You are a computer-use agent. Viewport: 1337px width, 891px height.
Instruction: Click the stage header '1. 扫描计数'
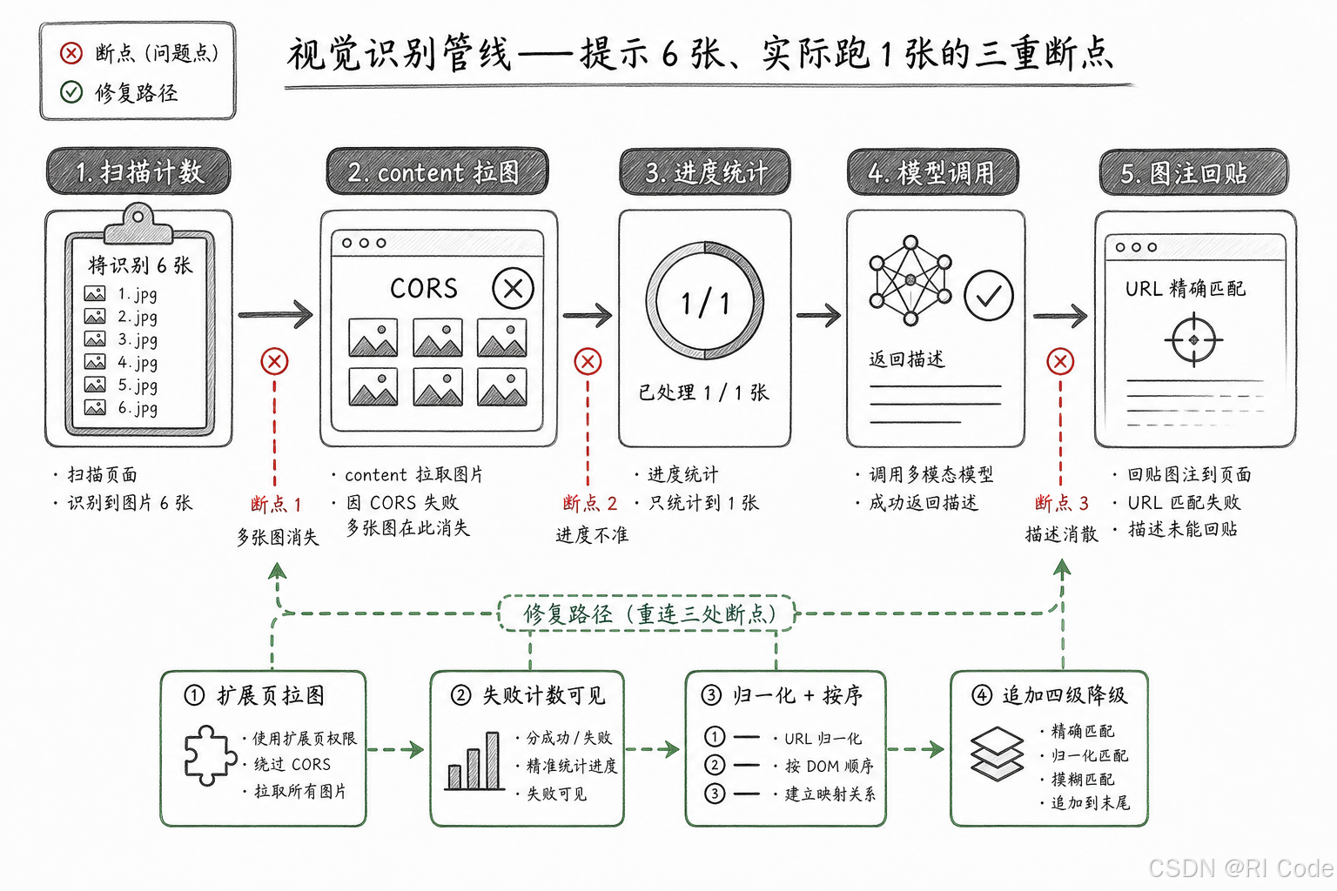tap(138, 172)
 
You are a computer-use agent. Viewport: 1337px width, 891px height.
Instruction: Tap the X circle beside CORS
tap(513, 289)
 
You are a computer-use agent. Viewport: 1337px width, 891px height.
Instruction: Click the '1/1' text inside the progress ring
tap(705, 303)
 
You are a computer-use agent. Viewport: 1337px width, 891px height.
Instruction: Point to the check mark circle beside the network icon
tap(989, 296)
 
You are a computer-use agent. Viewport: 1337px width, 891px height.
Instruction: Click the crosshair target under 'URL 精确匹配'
tap(1193, 340)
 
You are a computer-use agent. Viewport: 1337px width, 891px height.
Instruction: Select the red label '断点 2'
tap(589, 503)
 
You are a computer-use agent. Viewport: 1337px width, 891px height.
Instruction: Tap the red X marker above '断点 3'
tap(1060, 362)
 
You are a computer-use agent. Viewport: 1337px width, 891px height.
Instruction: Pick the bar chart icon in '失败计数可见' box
tap(474, 761)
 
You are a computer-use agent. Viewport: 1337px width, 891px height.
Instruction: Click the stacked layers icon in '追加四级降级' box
tap(997, 754)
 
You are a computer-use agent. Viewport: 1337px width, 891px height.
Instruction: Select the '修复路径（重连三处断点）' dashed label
tap(648, 613)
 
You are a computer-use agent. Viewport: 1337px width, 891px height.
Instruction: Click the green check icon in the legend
tap(71, 92)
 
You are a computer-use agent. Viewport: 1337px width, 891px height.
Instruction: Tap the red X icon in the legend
tap(71, 53)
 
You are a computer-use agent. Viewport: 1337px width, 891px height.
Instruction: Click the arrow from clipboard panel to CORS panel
tap(275, 314)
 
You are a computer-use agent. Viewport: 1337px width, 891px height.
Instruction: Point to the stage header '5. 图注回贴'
tap(1193, 172)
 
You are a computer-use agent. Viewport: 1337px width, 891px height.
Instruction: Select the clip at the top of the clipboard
tap(138, 224)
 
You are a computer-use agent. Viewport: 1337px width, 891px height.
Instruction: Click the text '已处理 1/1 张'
tap(703, 392)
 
